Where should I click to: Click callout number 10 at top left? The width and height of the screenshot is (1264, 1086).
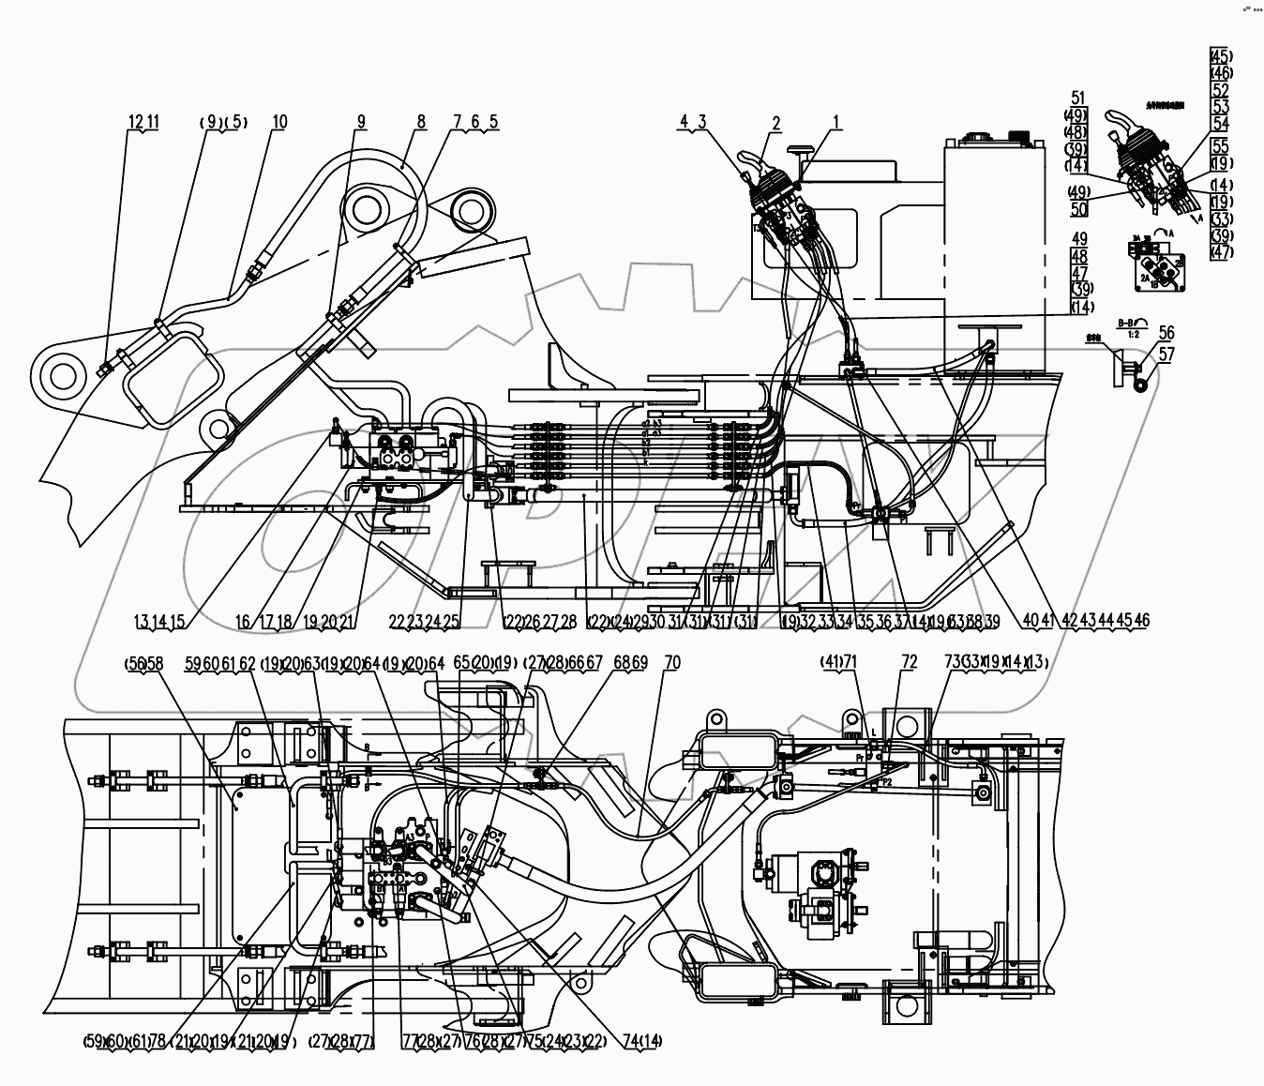click(279, 122)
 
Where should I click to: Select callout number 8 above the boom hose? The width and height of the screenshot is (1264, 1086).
click(421, 122)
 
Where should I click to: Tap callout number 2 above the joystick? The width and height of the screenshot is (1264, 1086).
click(776, 122)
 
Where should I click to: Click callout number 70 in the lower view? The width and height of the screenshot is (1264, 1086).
click(671, 663)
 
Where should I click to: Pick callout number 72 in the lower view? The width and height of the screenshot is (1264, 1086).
click(908, 663)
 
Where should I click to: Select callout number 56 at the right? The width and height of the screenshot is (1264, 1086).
click(1166, 332)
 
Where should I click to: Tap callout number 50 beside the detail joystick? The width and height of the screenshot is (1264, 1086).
click(1077, 209)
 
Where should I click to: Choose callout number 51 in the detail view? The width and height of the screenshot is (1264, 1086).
click(1077, 98)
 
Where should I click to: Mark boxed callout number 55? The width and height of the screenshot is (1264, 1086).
click(1220, 145)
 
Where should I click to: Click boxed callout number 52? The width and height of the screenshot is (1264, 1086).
click(1220, 90)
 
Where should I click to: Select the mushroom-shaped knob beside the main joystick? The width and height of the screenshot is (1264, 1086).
click(799, 150)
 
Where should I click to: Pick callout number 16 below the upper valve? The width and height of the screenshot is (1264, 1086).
click(243, 621)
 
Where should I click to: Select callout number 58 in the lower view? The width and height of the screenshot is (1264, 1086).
click(155, 663)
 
